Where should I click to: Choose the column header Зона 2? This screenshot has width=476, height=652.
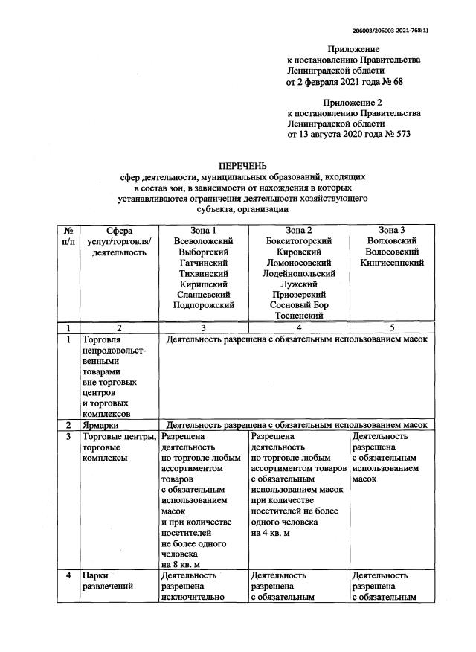coord(298,230)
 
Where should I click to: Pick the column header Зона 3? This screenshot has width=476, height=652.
coord(391,230)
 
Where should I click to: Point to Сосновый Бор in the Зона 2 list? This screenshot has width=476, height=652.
coord(298,305)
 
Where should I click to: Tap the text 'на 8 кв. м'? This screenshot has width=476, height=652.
coord(181,565)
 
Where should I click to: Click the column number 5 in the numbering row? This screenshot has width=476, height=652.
coord(391,327)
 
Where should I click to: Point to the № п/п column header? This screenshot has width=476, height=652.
coord(68,236)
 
